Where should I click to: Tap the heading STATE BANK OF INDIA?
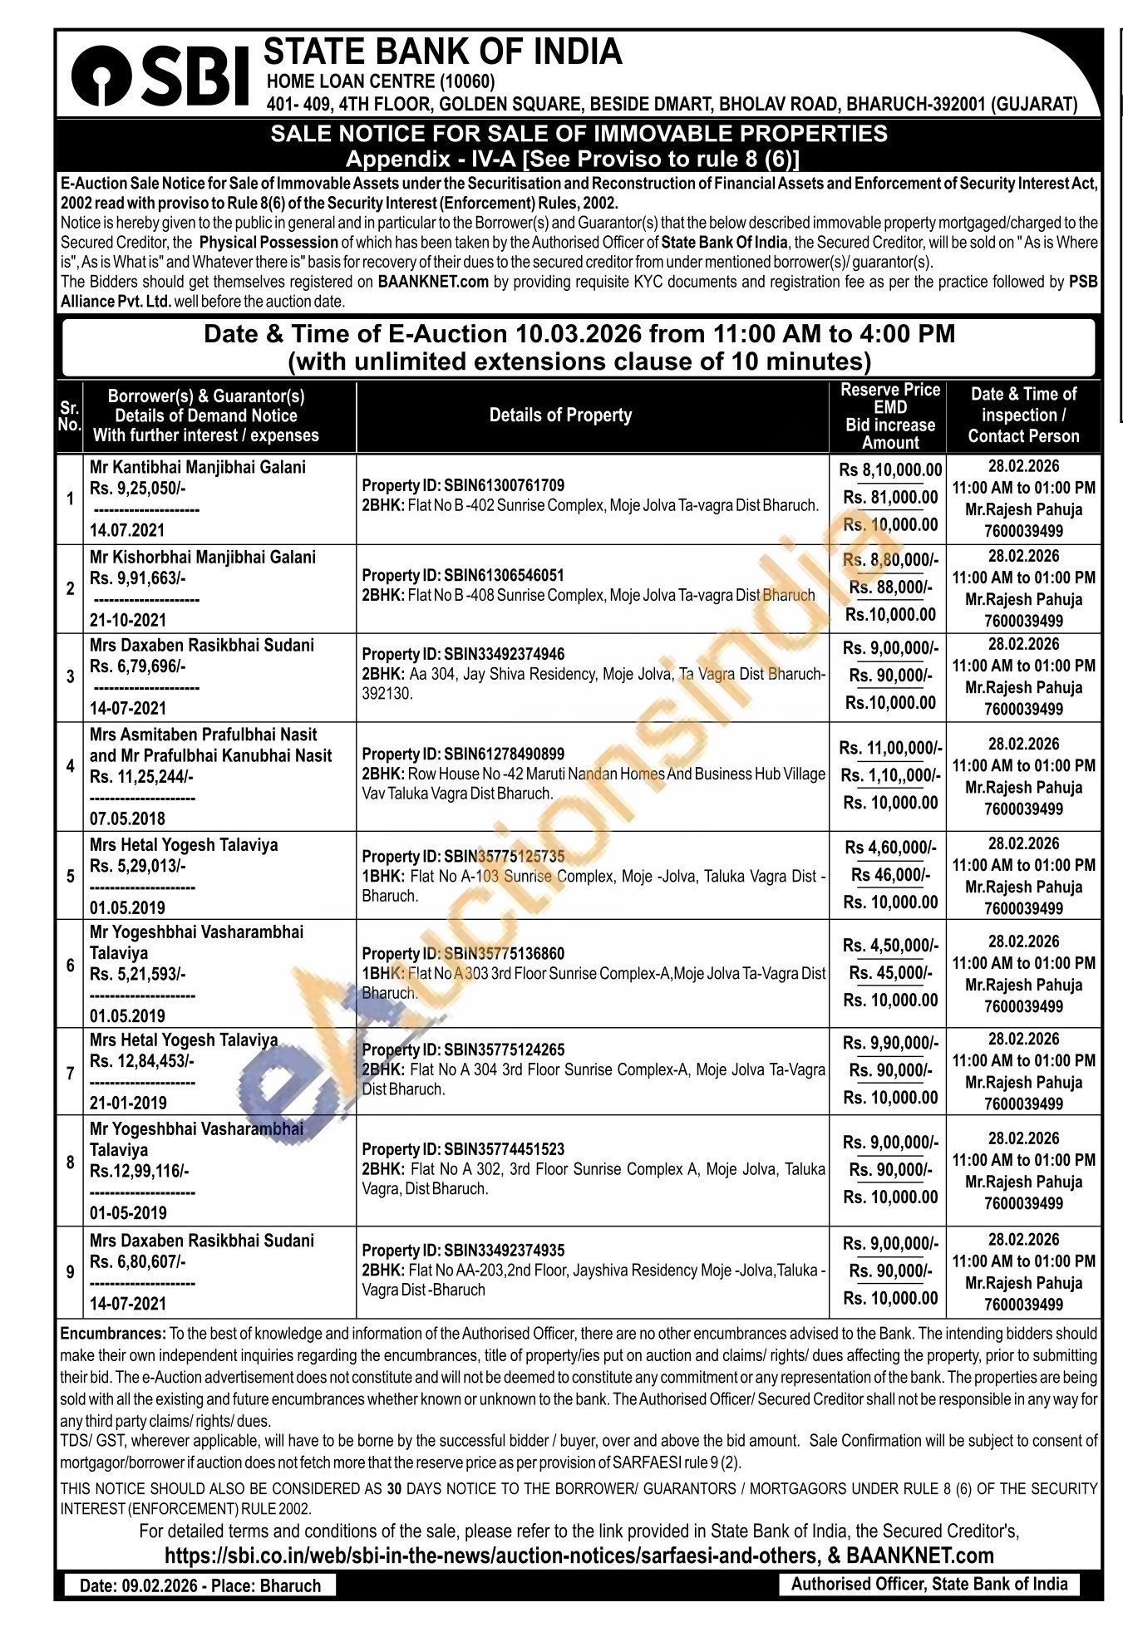coord(442,52)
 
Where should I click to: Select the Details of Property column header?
coord(560,415)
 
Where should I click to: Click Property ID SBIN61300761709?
coord(463,485)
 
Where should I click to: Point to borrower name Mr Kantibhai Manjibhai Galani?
coord(197,467)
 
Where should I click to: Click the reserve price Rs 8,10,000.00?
coord(890,470)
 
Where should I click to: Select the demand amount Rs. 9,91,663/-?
coord(137,578)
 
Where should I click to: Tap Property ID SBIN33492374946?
coord(463,654)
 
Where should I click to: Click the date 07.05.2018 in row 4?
coord(127,818)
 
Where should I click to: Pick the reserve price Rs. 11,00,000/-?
coord(890,748)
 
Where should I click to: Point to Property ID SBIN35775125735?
coord(463,856)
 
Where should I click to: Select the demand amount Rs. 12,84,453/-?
coord(141,1060)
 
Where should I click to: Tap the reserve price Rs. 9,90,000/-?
coord(890,1043)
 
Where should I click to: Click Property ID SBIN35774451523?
coord(463,1149)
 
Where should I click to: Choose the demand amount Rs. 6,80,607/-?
coord(137,1261)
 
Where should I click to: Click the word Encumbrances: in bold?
coord(113,1334)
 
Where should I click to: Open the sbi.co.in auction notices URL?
coord(490,1556)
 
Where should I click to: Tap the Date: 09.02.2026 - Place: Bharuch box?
coord(200,1585)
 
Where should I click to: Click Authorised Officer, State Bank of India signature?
coord(928,1584)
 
